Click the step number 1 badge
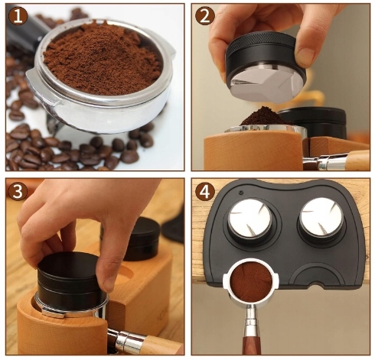[x=18, y=16]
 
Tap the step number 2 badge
[x=204, y=16]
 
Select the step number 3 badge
[x=18, y=192]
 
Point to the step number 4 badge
[x=204, y=192]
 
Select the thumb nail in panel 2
[x=305, y=56]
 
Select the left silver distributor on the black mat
[x=250, y=218]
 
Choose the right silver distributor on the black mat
[x=321, y=216]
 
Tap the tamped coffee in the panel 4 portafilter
[x=251, y=281]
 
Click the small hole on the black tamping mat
[x=240, y=193]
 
